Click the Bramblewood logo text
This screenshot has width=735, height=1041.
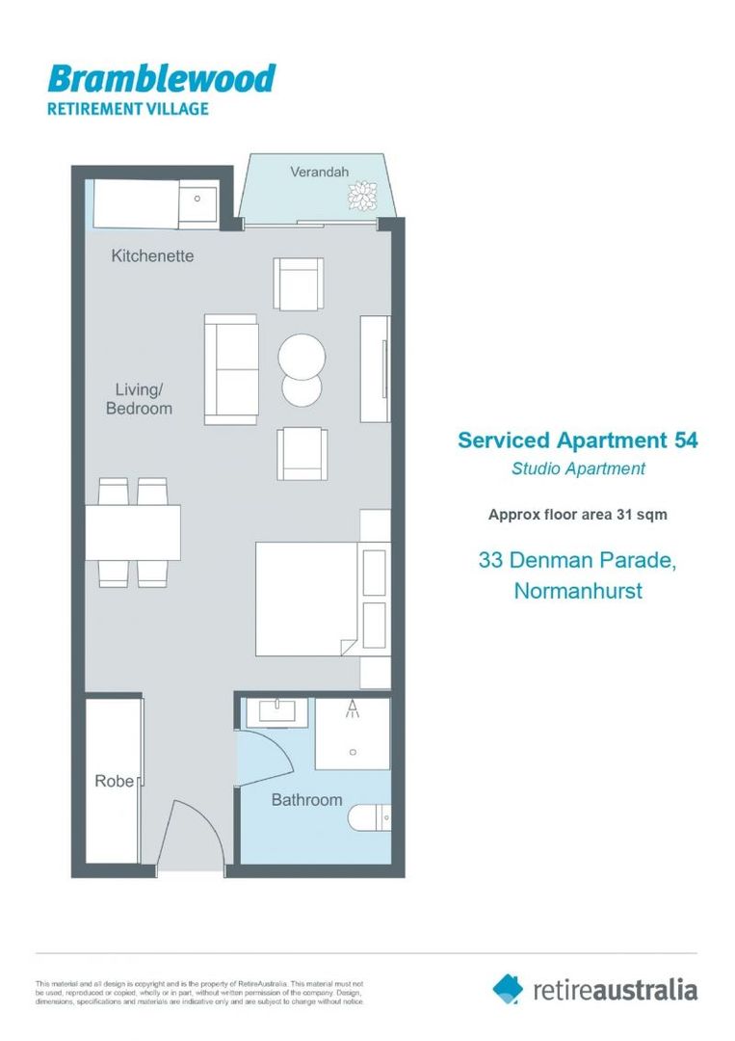[161, 78]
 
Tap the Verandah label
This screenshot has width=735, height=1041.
[319, 173]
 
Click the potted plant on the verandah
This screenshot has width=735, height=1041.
[363, 197]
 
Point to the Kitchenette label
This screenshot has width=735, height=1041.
[152, 256]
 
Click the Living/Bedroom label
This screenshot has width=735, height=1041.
[139, 399]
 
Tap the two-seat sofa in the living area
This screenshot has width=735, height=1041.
[231, 368]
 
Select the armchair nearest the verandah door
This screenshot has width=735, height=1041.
[299, 283]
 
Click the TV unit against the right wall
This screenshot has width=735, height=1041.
[375, 368]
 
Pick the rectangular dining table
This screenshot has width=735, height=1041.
[133, 532]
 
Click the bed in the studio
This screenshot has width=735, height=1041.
[306, 599]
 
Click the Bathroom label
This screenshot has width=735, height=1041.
[306, 800]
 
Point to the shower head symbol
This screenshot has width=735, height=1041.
[353, 710]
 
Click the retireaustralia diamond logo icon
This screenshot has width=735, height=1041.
[508, 988]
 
